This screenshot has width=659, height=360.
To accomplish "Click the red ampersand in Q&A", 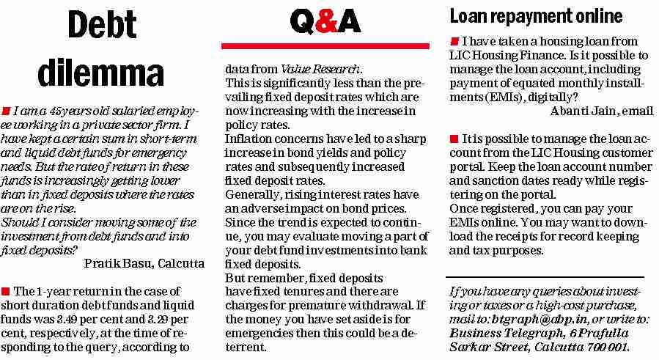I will (326, 23).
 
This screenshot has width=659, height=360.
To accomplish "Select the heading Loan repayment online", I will (535, 16).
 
